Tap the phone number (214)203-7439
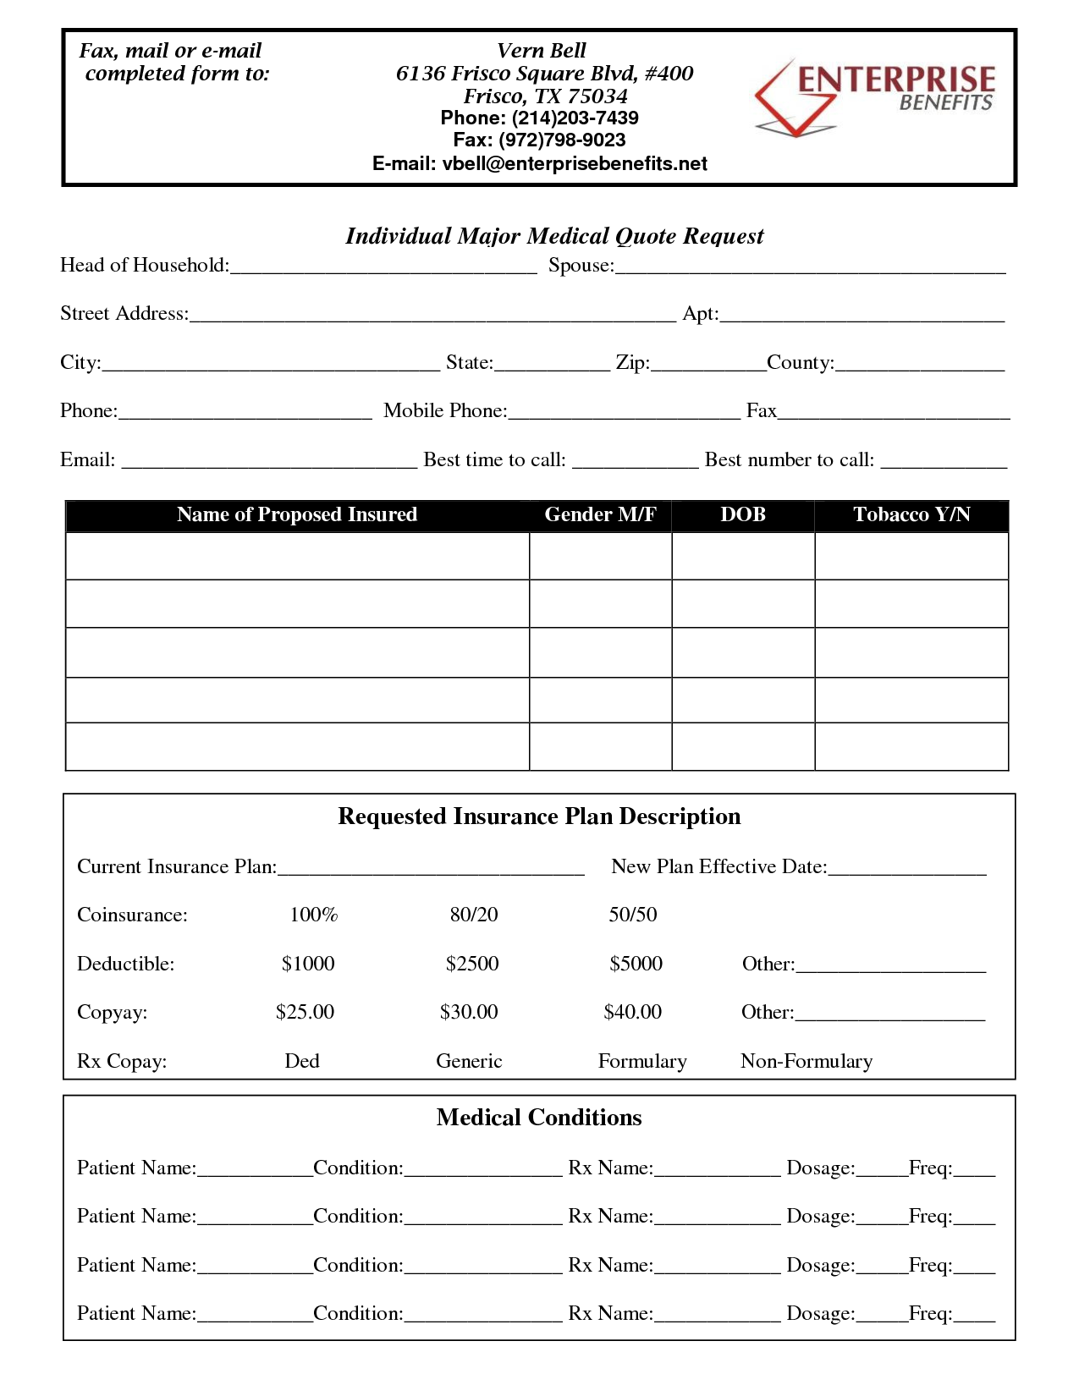tap(575, 118)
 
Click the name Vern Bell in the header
tap(542, 51)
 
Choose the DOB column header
tap(743, 515)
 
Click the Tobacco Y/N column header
tap(911, 515)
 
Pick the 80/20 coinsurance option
tap(474, 915)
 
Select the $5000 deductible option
tap(636, 964)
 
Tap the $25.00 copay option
tap(305, 1012)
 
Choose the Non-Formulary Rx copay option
tap(806, 1061)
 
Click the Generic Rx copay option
tap(469, 1061)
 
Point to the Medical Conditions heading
tap(539, 1118)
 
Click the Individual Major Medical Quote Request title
tap(554, 236)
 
